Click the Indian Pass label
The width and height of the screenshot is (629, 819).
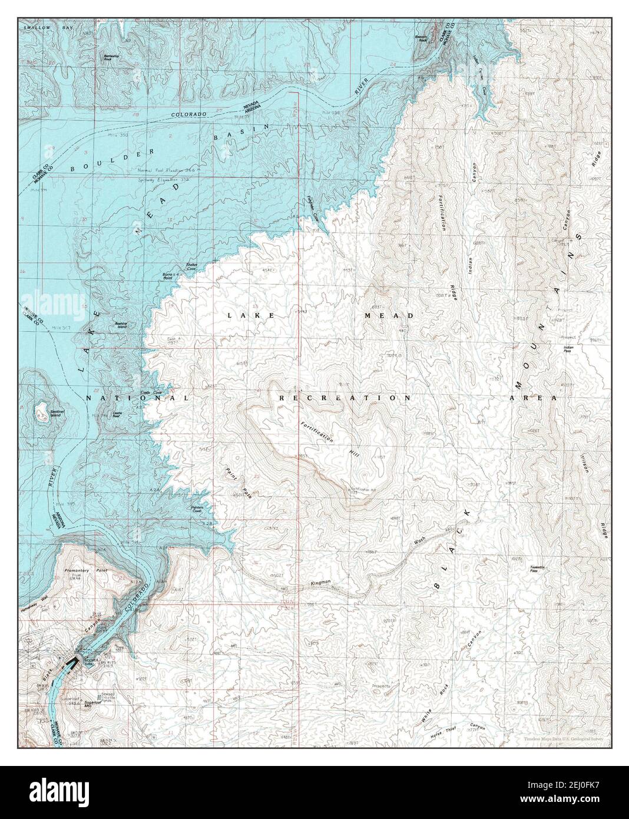click(x=568, y=349)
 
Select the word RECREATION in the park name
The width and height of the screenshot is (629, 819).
click(x=345, y=398)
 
